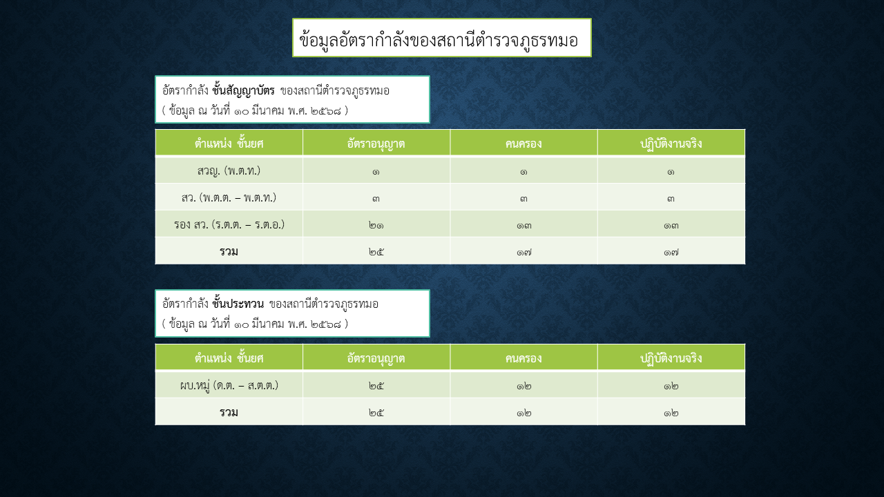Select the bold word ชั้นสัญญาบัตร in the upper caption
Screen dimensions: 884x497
pyautogui.click(x=243, y=90)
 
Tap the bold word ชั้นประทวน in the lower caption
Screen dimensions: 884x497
pyautogui.click(x=238, y=304)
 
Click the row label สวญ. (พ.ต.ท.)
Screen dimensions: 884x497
pyautogui.click(x=229, y=170)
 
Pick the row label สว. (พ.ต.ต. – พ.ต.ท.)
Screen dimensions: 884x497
pyautogui.click(x=229, y=197)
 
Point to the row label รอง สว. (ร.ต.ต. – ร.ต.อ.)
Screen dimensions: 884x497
pyautogui.click(x=229, y=224)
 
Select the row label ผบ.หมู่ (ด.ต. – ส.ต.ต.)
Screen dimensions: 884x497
pyautogui.click(x=229, y=385)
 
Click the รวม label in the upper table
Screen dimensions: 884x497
pyautogui.click(x=229, y=251)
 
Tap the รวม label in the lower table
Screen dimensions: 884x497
pyautogui.click(x=229, y=412)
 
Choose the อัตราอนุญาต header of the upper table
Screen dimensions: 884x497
pyautogui.click(x=376, y=144)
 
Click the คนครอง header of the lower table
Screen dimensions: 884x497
pyautogui.click(x=523, y=358)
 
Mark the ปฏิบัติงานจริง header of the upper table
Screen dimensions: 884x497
pyautogui.click(x=671, y=143)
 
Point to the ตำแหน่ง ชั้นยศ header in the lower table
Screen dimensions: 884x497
pyautogui.click(x=229, y=358)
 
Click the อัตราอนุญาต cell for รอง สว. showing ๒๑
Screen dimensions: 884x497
pyautogui.click(x=376, y=225)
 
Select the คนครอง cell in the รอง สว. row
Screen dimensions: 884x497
pyautogui.click(x=523, y=225)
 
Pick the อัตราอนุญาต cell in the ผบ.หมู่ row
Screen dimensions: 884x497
pyautogui.click(x=376, y=386)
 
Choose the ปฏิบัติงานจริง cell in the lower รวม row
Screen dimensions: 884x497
pyautogui.click(x=671, y=413)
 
